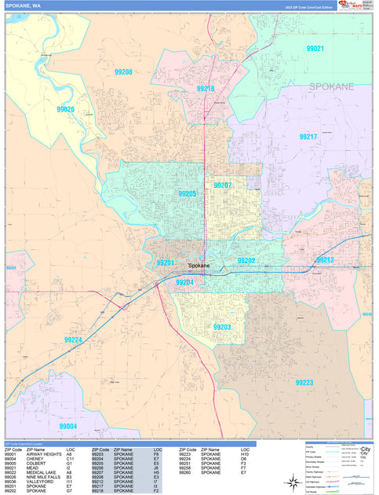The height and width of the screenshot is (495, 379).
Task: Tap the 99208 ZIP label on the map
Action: coord(122,72)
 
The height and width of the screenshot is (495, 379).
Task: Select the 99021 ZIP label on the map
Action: coord(315,49)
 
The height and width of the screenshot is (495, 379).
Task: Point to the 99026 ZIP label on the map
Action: coord(65,109)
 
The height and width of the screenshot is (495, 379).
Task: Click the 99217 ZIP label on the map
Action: coord(308,137)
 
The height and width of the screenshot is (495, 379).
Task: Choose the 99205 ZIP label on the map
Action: coord(188,193)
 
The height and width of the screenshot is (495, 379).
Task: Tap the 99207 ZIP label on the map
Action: coord(223,185)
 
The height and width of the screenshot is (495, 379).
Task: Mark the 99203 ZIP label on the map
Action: coord(222,327)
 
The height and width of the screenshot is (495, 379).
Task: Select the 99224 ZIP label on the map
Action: coord(73,339)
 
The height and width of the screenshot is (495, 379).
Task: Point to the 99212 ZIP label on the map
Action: coord(325,259)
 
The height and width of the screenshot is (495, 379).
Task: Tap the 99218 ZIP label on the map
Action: coord(206,89)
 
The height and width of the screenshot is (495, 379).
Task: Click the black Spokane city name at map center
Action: coord(199,266)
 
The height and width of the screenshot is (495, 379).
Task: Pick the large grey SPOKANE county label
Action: coord(331,86)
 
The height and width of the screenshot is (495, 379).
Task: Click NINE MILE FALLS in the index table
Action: coord(46,476)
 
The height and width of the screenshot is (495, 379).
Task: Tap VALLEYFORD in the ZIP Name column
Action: coord(41,482)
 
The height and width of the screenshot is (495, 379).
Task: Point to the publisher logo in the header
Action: coord(349,5)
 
